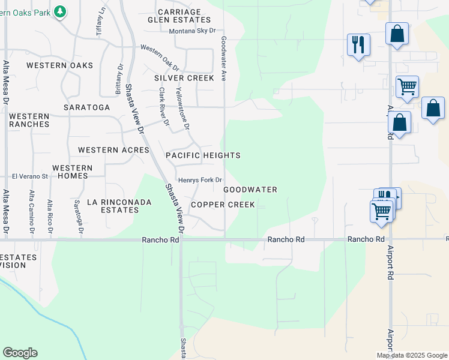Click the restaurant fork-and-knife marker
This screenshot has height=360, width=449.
[x=358, y=45]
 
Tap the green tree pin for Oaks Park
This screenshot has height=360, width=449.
[x=59, y=11]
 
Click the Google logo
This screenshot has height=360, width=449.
[x=20, y=353]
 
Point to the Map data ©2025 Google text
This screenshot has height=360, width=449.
[x=412, y=355]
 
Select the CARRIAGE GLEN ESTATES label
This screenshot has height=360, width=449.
[x=179, y=16]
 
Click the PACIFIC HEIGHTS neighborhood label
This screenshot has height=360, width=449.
[x=203, y=155]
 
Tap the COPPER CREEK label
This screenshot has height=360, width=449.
[x=223, y=205]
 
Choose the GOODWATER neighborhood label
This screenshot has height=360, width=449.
[x=250, y=190]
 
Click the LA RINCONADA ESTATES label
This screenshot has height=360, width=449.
[x=119, y=206]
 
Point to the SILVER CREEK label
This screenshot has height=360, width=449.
[x=184, y=78]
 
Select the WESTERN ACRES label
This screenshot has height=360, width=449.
[x=113, y=150]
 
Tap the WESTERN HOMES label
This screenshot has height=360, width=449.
[x=72, y=172]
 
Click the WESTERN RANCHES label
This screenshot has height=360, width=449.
[x=29, y=120]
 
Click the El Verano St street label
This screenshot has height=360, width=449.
[x=29, y=176]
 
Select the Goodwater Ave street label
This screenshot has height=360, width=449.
[x=223, y=58]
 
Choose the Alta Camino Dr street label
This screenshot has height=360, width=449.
[x=31, y=212]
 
